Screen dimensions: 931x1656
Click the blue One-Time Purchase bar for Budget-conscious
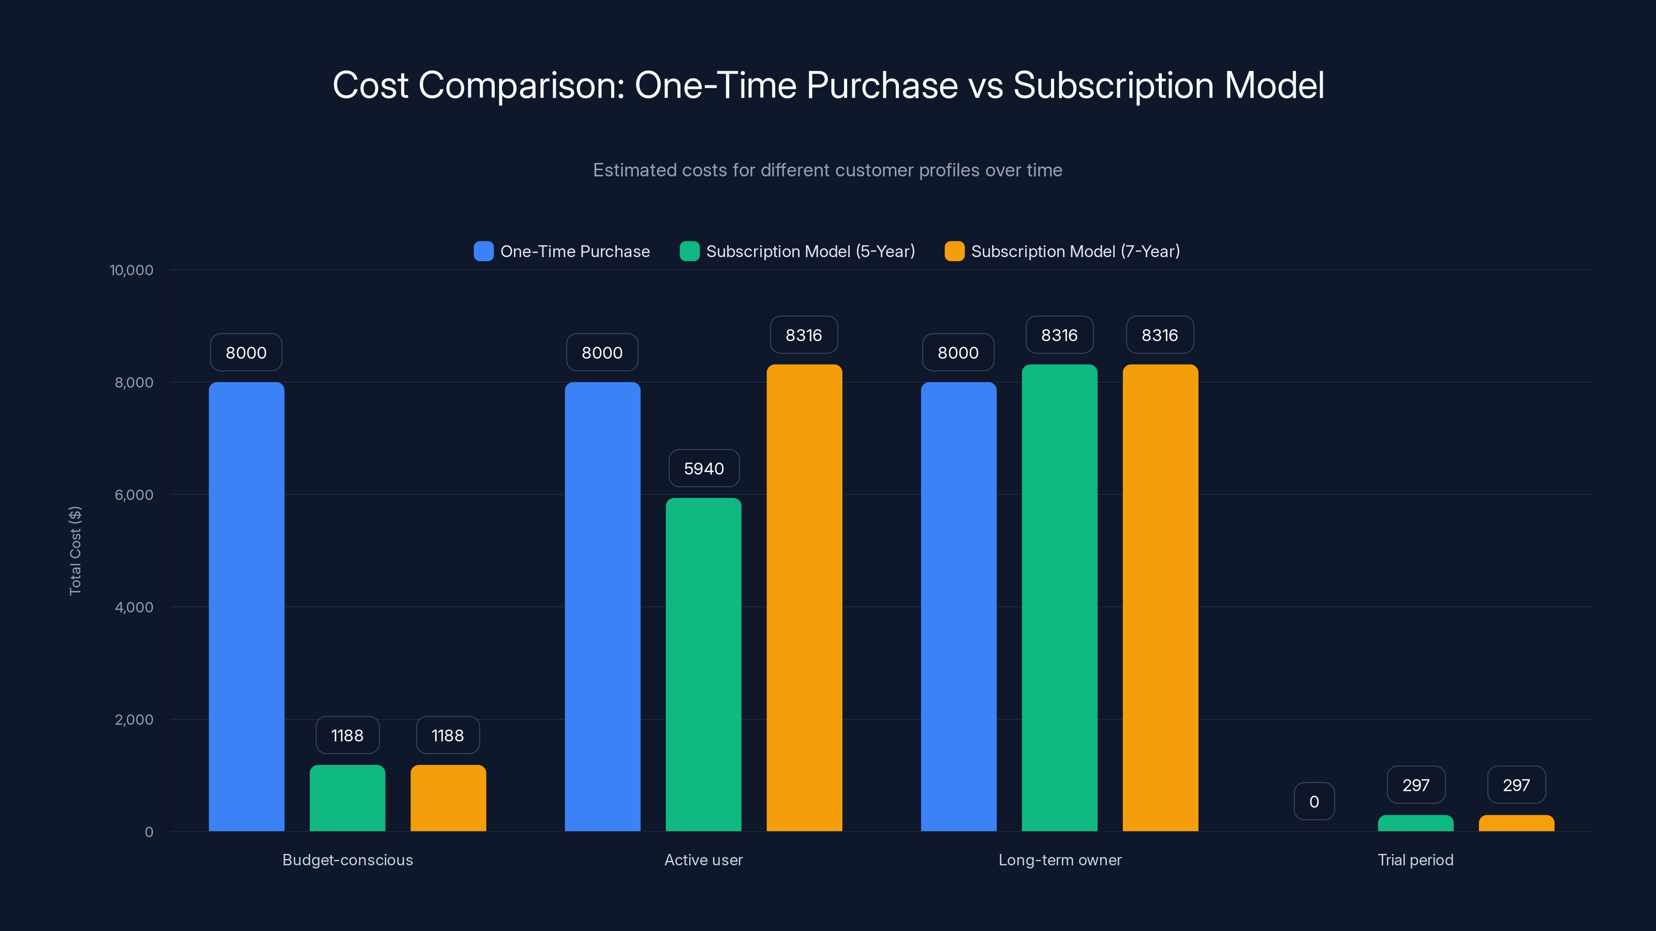click(x=246, y=607)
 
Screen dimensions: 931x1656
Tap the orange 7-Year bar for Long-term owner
click(x=1160, y=597)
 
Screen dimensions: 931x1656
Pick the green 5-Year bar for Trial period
click(x=1415, y=823)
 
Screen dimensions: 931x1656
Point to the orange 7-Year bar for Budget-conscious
click(x=448, y=798)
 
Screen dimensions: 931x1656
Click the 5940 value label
click(x=704, y=469)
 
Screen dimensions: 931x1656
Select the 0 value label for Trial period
click(x=1314, y=801)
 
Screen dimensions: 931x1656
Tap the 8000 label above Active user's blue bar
click(x=602, y=353)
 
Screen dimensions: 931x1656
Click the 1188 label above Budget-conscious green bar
click(x=347, y=735)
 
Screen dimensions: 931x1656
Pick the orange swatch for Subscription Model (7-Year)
click(x=954, y=251)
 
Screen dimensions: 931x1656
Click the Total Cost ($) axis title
click(x=75, y=551)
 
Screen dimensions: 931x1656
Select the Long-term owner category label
click(x=1059, y=860)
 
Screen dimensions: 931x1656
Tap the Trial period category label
click(x=1415, y=860)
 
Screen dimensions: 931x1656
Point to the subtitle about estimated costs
click(x=827, y=170)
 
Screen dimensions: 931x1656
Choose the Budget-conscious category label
click(x=347, y=860)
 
